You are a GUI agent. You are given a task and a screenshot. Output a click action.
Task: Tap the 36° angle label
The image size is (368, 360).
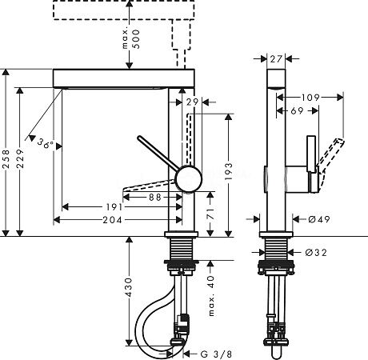pyautogui.click(x=46, y=145)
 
